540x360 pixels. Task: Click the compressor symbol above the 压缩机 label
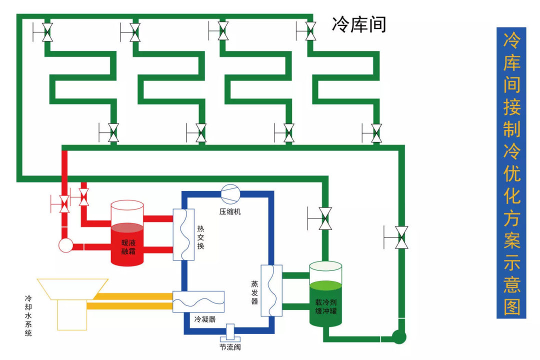(230, 192)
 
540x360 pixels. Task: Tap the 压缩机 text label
(230, 211)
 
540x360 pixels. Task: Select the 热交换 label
(200, 237)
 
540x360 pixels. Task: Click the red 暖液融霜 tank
(127, 235)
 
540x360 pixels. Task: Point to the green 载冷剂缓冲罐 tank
(325, 295)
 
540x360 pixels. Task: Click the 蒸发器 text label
(254, 292)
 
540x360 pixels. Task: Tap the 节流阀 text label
(230, 347)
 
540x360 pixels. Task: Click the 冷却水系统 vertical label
(28, 315)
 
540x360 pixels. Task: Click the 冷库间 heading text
(359, 23)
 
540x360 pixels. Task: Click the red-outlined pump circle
(65, 245)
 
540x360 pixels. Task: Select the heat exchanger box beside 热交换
(183, 234)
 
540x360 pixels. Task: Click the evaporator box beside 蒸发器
(271, 290)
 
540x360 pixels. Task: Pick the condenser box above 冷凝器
(198, 301)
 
